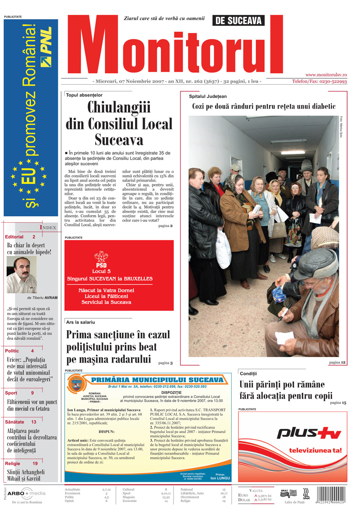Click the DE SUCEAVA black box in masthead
click(238, 20)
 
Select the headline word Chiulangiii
click(119, 108)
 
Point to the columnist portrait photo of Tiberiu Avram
click(22, 275)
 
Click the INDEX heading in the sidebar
click(48, 228)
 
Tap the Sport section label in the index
click(11, 393)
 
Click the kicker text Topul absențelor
click(84, 95)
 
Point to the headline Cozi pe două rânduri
click(264, 107)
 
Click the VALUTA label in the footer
click(256, 490)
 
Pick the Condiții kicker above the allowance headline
click(248, 374)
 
